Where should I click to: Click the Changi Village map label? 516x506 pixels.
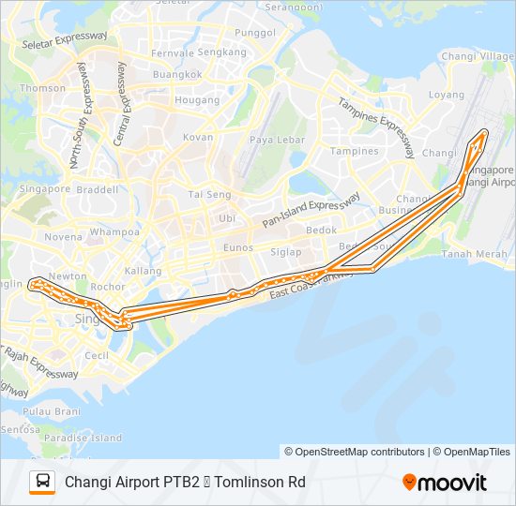click(x=478, y=57)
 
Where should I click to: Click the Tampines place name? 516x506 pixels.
click(x=354, y=151)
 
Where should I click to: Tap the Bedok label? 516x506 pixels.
click(x=322, y=230)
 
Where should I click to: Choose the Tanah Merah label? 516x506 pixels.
click(x=474, y=253)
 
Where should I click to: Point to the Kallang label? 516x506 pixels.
click(x=143, y=270)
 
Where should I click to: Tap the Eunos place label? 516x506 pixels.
click(x=238, y=247)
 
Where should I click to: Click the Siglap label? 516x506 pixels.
click(x=286, y=251)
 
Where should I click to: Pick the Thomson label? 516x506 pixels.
click(x=43, y=88)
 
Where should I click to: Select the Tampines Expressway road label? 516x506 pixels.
click(x=377, y=130)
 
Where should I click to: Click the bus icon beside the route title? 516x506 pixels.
click(x=42, y=483)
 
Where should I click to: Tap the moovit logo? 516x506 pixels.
click(x=445, y=483)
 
